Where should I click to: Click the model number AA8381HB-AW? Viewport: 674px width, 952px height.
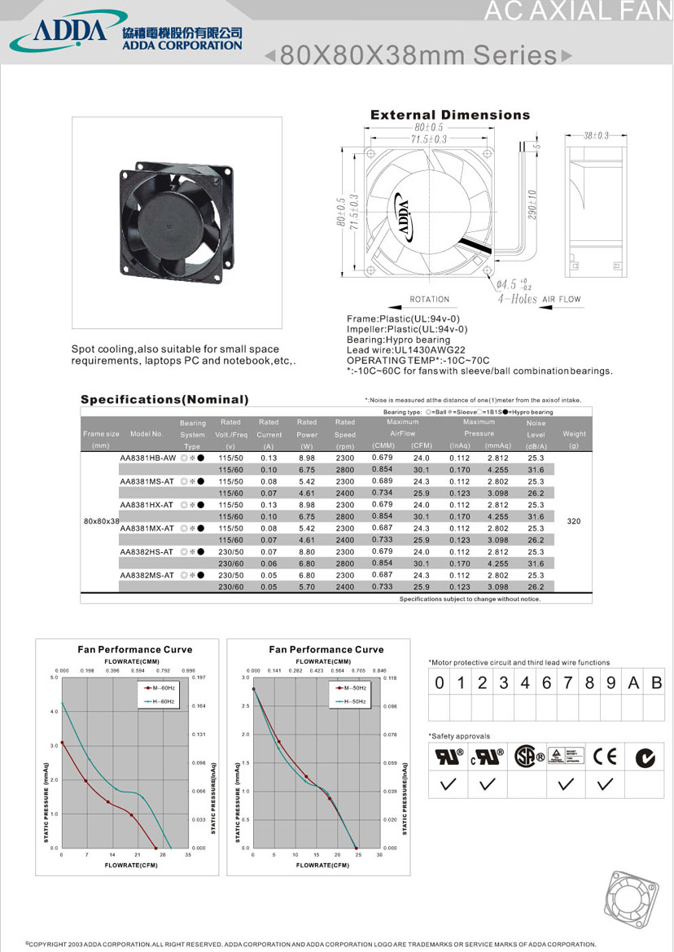pos(147,458)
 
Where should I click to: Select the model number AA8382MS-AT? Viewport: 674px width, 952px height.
pos(147,575)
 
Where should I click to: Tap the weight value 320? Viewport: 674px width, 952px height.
pos(573,520)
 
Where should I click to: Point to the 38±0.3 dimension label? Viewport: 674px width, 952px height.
pos(595,135)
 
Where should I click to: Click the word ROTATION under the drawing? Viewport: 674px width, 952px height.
pos(430,300)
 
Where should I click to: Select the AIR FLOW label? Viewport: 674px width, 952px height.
pos(562,299)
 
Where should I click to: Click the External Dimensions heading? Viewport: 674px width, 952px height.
pos(449,115)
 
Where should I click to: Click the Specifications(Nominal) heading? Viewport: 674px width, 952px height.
pos(164,399)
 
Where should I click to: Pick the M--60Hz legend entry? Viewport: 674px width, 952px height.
pos(160,688)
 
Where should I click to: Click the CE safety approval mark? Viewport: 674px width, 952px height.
pos(605,757)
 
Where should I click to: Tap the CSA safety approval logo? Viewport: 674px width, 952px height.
pos(529,757)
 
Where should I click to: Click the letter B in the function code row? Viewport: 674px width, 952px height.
pos(657,683)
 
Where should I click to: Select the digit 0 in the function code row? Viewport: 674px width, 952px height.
pos(440,683)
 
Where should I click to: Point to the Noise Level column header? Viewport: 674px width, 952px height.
pos(536,435)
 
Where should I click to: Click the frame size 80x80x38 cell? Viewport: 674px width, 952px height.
pos(102,520)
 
